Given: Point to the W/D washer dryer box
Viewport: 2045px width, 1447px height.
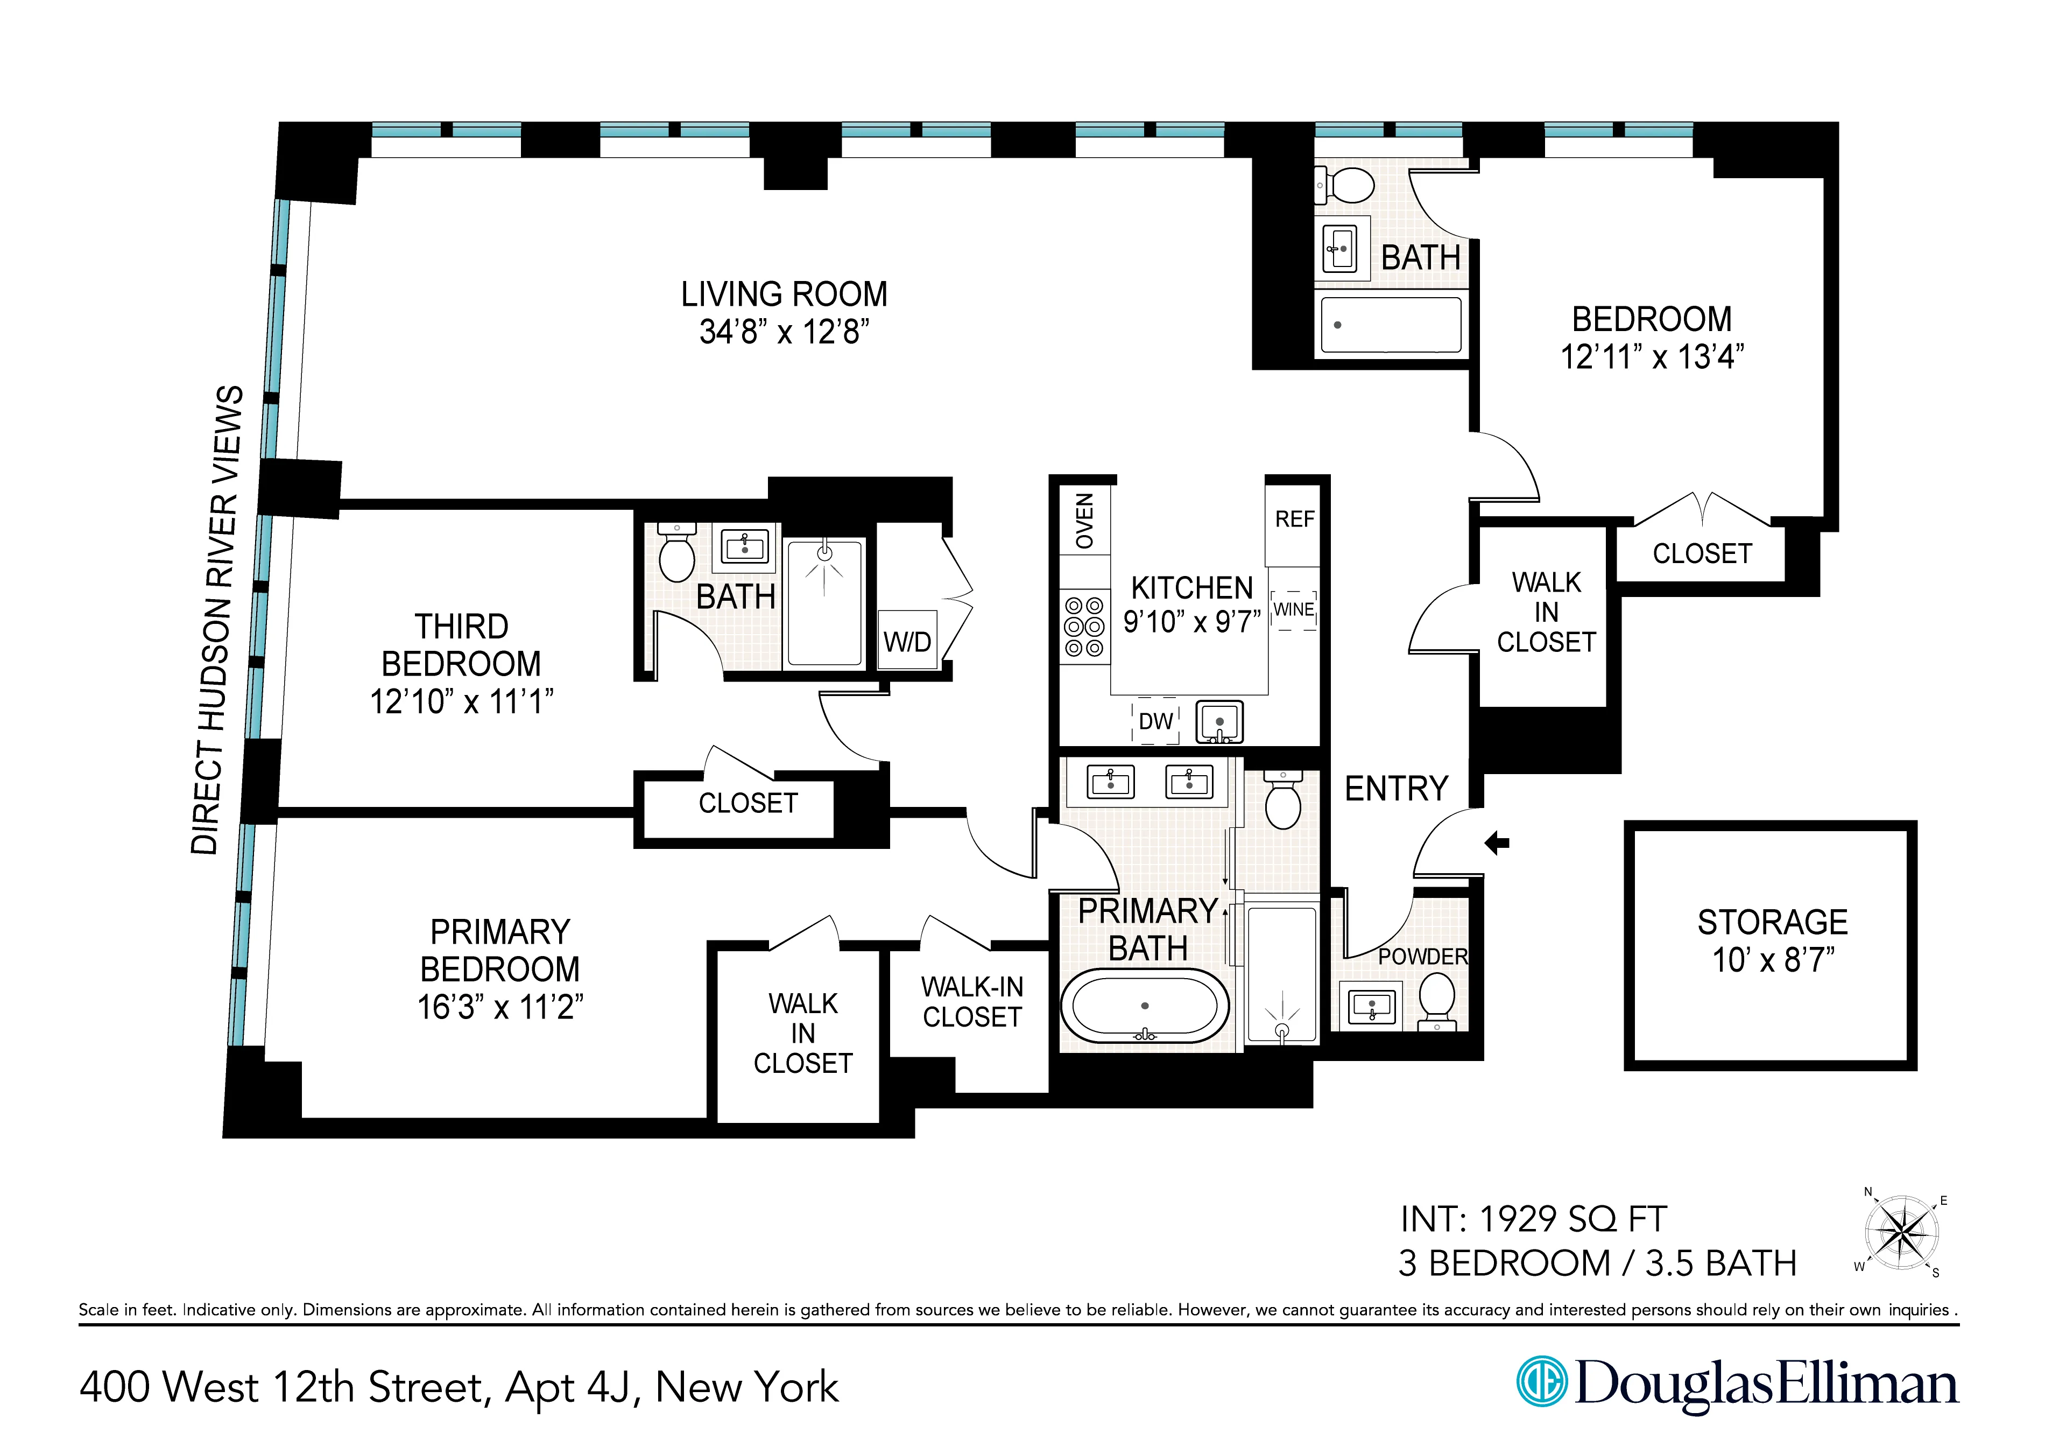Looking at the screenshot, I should coord(907,641).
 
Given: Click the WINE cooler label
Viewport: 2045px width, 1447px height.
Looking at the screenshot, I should coord(1293,609).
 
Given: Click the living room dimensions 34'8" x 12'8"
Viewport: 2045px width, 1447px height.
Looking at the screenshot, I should coord(784,332).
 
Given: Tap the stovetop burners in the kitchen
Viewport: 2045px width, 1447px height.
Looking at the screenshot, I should coord(1084,627).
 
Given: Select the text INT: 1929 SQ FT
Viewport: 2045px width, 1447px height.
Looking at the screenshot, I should coord(1533,1219).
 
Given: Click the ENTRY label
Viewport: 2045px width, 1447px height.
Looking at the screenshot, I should coord(1395,789).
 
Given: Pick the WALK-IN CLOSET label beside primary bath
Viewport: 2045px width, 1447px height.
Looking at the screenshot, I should coord(972,1002).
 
